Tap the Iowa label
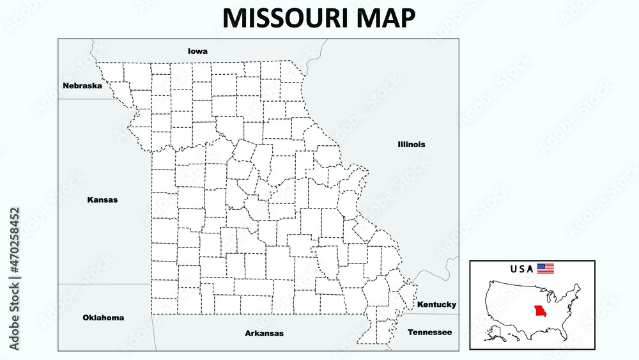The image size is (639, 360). (197, 51)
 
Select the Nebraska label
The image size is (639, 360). (82, 85)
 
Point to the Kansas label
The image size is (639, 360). (102, 200)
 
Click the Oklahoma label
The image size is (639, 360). (104, 317)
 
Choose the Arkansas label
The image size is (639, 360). (265, 333)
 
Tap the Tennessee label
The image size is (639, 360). (429, 332)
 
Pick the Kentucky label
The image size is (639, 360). (436, 304)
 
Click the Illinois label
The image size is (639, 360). (411, 145)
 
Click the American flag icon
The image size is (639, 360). (545, 269)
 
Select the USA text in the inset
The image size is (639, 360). (521, 269)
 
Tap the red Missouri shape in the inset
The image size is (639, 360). (541, 313)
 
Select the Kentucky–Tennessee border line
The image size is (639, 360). (435, 314)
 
